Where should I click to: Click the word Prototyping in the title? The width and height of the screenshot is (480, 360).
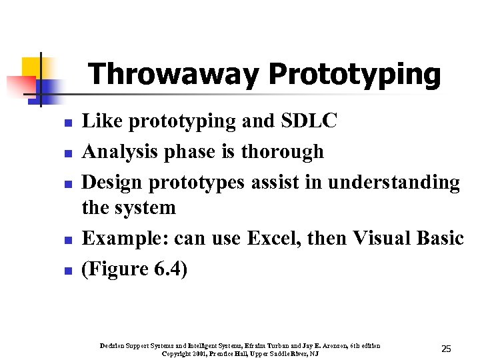(x=354, y=75)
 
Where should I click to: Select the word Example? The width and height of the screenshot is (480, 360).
(x=122, y=237)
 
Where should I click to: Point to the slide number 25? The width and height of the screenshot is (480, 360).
(x=446, y=349)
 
